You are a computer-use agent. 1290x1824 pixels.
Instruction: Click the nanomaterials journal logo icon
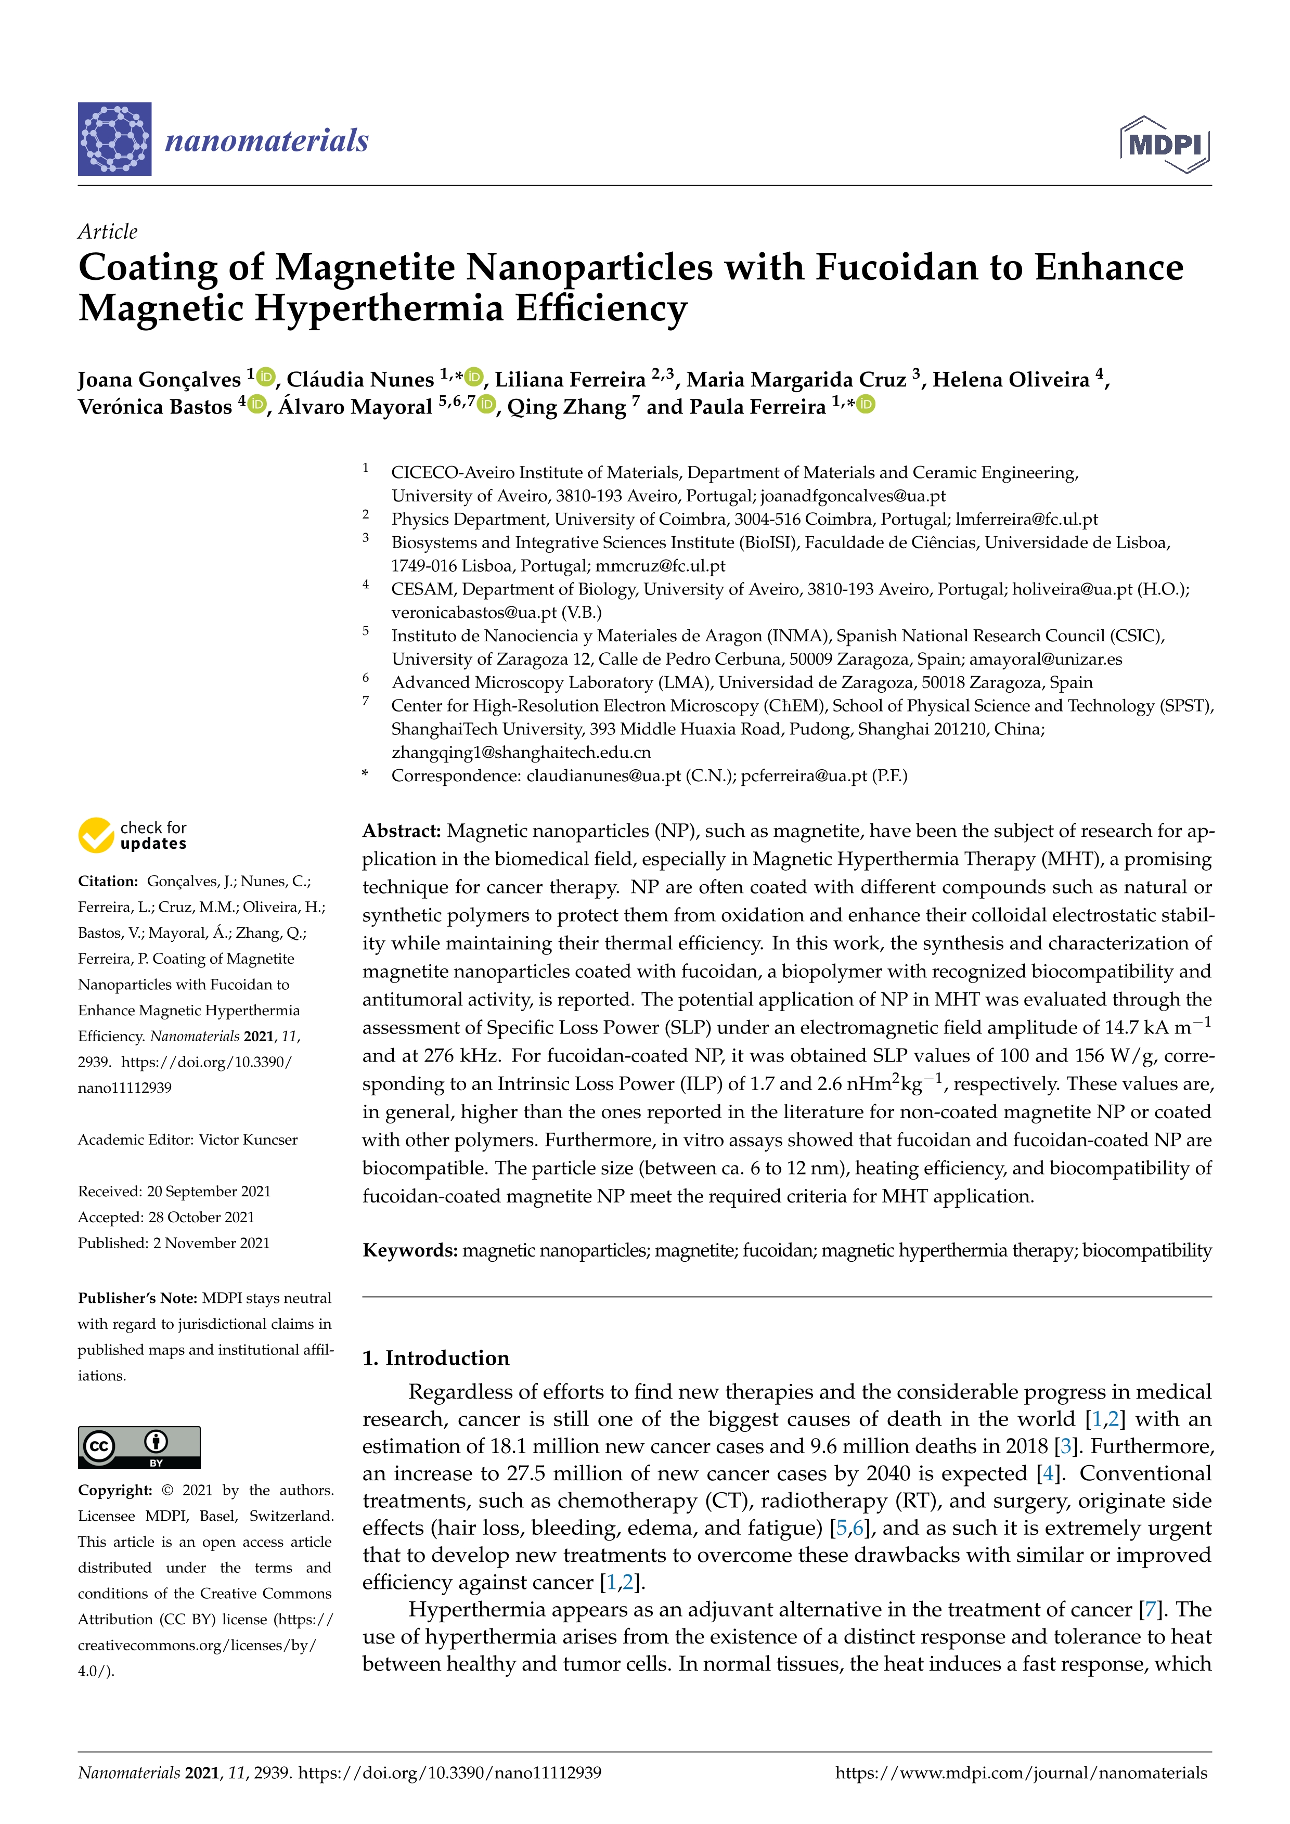tap(114, 139)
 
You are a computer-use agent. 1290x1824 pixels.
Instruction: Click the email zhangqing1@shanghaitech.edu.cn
tap(521, 752)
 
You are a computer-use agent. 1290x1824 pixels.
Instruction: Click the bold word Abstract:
tap(401, 831)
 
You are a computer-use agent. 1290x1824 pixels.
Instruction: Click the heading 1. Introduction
tap(435, 1357)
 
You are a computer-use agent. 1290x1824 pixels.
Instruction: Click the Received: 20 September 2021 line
tap(174, 1191)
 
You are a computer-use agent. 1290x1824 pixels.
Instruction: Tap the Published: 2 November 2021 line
tap(174, 1243)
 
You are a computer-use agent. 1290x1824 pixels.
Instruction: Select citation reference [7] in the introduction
tap(1149, 1610)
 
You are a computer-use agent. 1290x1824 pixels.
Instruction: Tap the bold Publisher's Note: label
tap(137, 1298)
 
